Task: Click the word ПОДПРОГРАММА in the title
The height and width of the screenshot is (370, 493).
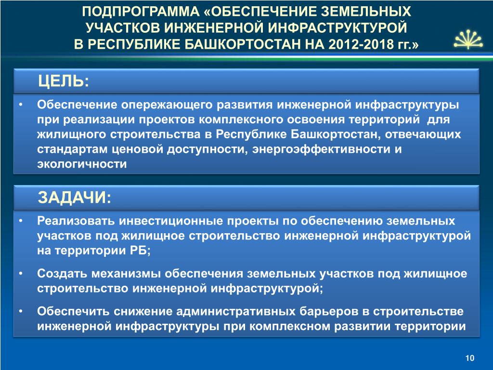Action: point(141,12)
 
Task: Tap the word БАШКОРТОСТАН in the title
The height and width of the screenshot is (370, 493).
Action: point(243,44)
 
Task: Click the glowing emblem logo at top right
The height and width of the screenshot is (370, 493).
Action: point(468,40)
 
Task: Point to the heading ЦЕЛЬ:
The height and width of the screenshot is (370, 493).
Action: point(64,81)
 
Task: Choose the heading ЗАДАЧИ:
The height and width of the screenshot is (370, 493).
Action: point(75,198)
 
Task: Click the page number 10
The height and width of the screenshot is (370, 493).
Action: point(469,358)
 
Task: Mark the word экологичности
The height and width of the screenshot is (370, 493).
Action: point(82,164)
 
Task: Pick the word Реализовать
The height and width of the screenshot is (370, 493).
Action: point(76,221)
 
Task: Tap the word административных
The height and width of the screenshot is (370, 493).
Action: point(235,312)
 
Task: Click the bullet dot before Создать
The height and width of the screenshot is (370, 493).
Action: point(21,274)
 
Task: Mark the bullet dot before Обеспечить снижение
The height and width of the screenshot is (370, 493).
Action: point(21,312)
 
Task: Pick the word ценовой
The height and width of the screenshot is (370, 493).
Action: point(137,149)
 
